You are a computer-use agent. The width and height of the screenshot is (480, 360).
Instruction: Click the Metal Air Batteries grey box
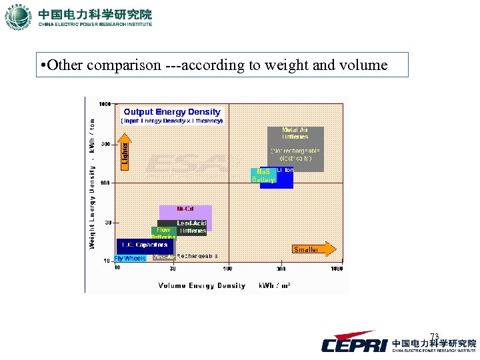click(295, 148)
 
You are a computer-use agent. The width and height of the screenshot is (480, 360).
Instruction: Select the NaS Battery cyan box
click(263, 175)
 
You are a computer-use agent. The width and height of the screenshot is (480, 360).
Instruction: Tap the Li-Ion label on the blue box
click(285, 171)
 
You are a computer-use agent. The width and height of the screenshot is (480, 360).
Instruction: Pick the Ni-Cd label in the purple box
click(185, 209)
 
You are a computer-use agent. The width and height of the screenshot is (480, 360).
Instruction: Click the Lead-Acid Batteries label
click(191, 227)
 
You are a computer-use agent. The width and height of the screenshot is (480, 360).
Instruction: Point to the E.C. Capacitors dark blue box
click(144, 245)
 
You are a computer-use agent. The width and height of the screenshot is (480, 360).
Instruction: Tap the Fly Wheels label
click(129, 258)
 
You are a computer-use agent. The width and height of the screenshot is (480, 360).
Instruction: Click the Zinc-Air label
click(164, 257)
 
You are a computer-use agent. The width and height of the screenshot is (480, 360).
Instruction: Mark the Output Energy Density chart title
click(172, 112)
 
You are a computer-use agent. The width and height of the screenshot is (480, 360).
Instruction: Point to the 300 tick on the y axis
click(105, 143)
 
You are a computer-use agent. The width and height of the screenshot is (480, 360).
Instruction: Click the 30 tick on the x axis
click(173, 269)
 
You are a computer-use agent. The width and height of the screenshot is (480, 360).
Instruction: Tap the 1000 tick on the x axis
click(337, 269)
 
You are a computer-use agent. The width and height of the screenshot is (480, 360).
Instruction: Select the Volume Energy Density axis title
click(202, 285)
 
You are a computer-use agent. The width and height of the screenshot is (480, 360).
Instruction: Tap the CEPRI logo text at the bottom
click(354, 345)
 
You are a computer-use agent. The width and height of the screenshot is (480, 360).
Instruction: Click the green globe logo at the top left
click(18, 17)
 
